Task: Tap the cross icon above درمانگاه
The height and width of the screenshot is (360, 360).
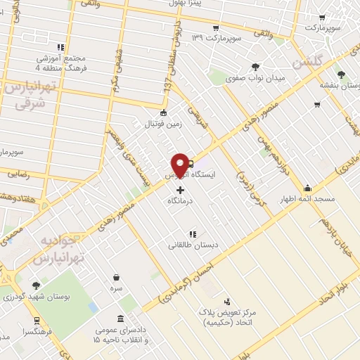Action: (181, 190)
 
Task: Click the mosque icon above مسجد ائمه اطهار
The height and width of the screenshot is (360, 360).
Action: (308, 188)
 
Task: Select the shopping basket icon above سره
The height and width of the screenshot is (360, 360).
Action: (115, 276)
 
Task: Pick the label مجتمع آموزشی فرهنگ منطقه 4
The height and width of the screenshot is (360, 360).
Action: (60, 63)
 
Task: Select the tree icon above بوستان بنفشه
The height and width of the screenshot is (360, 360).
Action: (341, 73)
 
